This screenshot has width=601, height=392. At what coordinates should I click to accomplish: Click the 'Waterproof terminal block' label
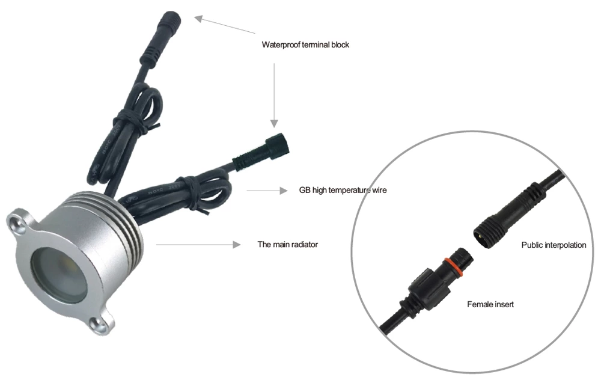305,44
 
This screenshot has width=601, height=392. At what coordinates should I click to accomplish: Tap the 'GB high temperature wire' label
343,190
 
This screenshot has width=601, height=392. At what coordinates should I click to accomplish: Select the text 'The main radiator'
287,244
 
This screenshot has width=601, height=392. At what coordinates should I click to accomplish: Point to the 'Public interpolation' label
554,245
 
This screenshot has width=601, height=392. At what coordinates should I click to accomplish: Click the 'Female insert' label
490,304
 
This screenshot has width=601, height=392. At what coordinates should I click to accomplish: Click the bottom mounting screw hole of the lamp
99,324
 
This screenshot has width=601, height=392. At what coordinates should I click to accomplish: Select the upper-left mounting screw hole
16,222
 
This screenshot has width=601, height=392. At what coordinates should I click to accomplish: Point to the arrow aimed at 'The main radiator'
198,244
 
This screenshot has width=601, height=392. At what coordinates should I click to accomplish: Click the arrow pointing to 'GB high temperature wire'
267,191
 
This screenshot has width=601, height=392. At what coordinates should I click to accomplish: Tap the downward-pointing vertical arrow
274,95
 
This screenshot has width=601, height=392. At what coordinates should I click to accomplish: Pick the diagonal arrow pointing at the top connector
225,25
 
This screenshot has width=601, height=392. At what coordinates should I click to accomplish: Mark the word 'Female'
478,304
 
